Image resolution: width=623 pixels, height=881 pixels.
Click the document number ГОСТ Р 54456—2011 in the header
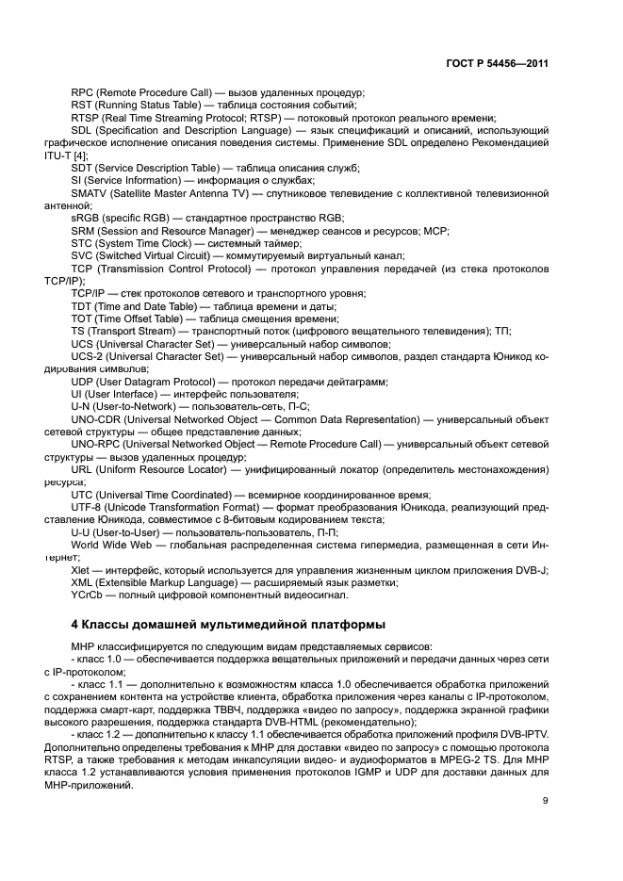(497, 64)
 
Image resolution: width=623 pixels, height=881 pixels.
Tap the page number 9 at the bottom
(546, 801)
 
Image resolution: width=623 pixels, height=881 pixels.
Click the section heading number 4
(75, 624)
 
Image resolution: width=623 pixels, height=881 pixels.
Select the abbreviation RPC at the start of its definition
(83, 93)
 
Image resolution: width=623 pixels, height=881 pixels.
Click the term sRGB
(86, 218)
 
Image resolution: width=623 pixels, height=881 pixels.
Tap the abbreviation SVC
(83, 255)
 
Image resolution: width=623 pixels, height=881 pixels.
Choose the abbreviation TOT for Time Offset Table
(83, 319)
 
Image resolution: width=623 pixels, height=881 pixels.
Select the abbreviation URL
(83, 469)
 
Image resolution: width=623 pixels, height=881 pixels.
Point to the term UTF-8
(87, 507)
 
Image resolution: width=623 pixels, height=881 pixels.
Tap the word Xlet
(81, 570)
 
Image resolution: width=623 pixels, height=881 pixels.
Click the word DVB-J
(533, 570)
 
